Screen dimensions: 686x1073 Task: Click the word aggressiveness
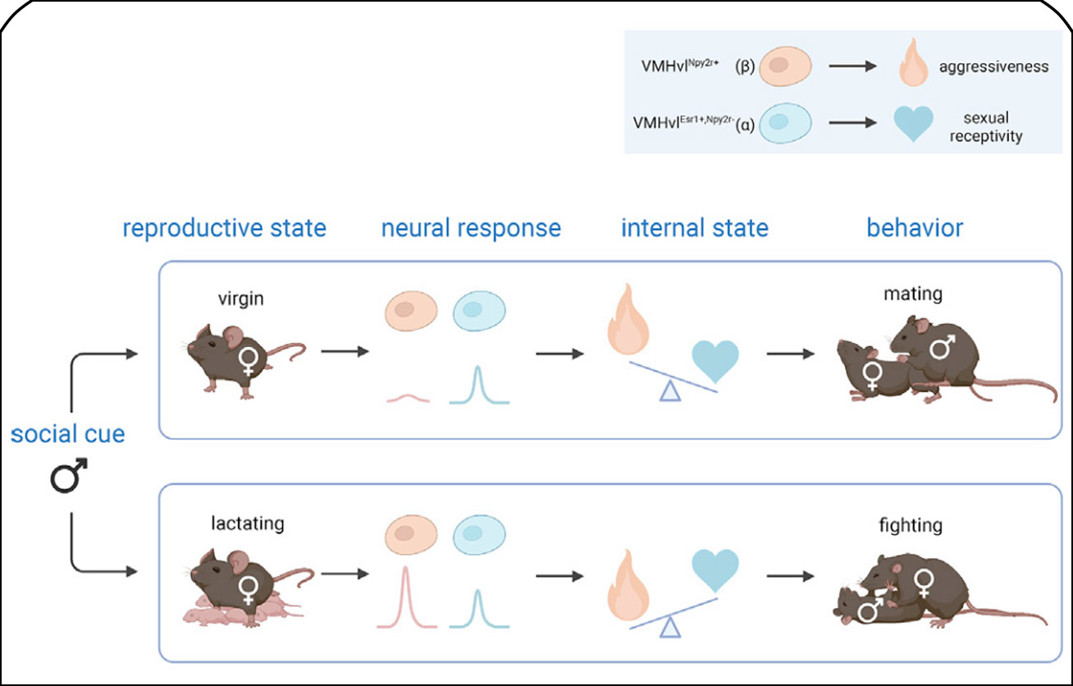[993, 66]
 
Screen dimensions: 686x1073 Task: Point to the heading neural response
[471, 227]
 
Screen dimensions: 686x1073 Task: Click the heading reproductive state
[224, 227]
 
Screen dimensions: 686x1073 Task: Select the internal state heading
[694, 227]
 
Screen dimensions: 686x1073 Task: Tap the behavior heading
[915, 227]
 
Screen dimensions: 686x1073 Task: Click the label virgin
[241, 299]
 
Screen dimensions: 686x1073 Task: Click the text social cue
[68, 433]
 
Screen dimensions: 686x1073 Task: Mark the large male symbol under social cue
[69, 478]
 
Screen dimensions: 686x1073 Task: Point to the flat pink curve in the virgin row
[408, 398]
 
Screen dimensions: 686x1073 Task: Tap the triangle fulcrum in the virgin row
[671, 393]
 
